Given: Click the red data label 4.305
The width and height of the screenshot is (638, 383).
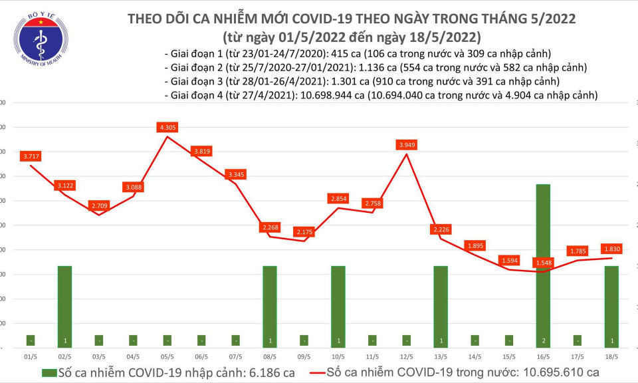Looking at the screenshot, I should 168,127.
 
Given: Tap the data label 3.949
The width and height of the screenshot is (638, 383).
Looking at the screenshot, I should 407,144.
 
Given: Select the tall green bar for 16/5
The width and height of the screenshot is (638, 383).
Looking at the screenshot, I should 544,265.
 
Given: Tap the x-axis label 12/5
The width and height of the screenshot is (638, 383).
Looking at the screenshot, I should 407,356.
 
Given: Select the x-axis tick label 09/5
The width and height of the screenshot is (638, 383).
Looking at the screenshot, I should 304,356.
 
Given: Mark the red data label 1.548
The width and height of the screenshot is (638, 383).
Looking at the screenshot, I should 544,263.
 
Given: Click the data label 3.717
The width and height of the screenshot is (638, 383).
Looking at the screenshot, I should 31,156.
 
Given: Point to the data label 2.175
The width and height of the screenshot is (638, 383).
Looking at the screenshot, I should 304,231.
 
